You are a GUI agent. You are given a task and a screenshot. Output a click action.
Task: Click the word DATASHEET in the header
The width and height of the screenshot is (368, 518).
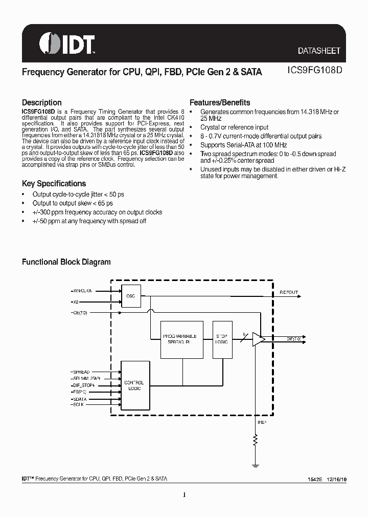[x=319, y=51]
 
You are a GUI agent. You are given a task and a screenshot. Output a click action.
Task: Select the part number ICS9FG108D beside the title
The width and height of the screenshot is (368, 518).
[x=313, y=72]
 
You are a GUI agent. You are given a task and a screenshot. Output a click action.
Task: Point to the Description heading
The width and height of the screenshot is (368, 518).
[x=41, y=102]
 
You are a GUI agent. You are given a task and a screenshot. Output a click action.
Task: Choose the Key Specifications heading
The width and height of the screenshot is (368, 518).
[x=54, y=183]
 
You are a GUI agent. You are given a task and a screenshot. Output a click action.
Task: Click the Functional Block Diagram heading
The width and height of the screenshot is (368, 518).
[x=66, y=262]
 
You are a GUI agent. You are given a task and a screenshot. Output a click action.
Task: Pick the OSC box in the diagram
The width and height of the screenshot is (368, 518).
[x=130, y=296]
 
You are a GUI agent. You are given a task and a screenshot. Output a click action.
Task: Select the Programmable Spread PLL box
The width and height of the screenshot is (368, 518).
[x=181, y=338]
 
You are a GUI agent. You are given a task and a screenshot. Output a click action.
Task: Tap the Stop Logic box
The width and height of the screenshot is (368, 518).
[x=221, y=338]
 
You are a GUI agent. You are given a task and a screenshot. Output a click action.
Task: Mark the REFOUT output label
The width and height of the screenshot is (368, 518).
[x=288, y=293]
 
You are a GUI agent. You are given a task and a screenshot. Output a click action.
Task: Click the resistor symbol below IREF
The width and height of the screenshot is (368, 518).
[x=255, y=441]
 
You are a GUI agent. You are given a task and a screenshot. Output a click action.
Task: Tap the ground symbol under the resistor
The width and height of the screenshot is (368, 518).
[x=255, y=465]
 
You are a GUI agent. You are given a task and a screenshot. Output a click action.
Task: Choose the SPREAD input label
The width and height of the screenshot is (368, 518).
[x=81, y=372]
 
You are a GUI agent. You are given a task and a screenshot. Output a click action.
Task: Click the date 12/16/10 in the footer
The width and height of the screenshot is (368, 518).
[x=334, y=479]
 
